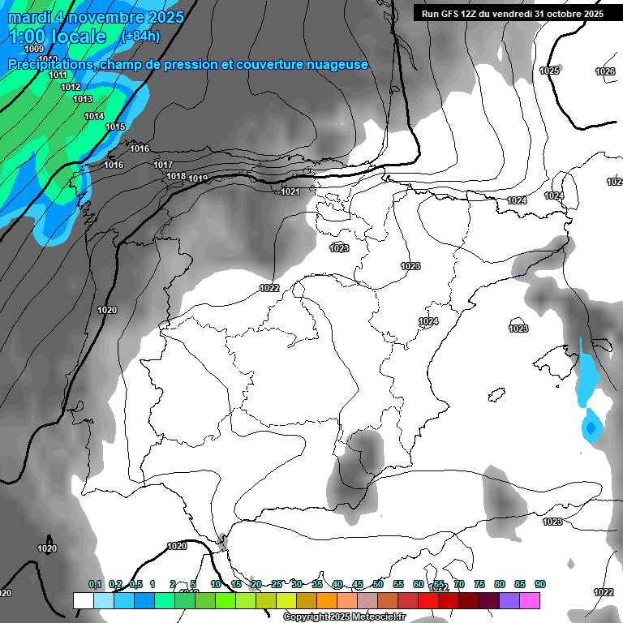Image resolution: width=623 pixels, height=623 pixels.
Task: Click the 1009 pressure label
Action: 34,49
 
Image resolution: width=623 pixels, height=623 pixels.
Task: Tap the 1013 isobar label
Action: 83,99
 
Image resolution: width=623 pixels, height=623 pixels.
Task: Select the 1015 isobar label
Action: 115,127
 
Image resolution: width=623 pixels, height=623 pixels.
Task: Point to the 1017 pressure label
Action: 163,165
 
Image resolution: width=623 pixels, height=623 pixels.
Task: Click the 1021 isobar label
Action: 290,191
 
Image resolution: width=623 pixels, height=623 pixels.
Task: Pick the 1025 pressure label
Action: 549,71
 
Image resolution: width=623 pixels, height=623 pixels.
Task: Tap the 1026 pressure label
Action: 605,71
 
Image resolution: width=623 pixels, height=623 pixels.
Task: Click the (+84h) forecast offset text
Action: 140,36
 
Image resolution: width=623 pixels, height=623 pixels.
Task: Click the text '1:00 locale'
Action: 58,37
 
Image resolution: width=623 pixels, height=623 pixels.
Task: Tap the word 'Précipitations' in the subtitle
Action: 48,64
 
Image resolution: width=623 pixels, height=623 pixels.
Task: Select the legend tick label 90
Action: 540,584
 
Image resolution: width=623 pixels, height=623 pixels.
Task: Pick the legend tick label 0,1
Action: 95,584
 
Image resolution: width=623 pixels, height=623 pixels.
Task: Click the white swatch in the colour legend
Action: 83,600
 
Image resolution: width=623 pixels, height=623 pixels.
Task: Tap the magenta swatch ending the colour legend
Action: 530,600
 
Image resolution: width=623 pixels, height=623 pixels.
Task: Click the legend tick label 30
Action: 296,584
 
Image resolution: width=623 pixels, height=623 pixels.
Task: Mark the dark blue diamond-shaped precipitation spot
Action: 591,426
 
